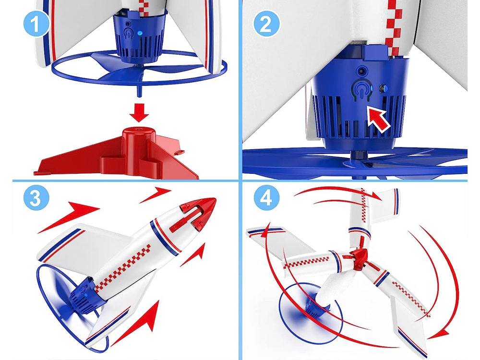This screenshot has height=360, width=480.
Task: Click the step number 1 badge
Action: coord(36,24)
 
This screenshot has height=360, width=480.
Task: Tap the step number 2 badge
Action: coord(266,24)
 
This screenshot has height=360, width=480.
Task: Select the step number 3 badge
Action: coord(36,197)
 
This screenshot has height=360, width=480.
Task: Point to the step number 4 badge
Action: coord(266,197)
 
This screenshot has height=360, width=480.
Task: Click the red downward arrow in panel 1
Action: coord(139,113)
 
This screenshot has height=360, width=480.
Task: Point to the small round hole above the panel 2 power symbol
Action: coord(362,72)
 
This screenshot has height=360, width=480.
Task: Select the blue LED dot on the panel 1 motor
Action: coord(139,33)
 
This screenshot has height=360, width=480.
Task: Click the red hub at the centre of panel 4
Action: coord(359,258)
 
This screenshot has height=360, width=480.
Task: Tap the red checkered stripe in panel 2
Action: coord(393,27)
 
